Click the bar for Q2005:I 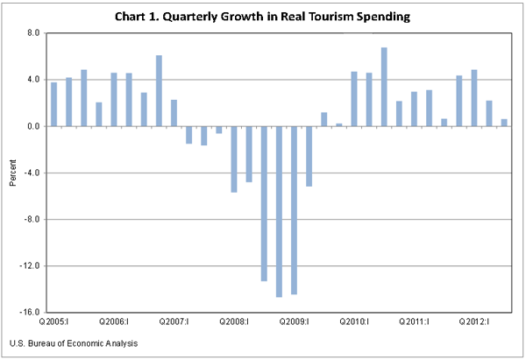54,104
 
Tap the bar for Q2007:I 174,113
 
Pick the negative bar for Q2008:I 234,159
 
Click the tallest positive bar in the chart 384,87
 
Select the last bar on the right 504,123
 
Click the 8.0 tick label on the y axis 34,33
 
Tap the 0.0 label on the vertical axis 34,126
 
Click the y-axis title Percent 12,173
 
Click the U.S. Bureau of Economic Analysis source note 74,343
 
